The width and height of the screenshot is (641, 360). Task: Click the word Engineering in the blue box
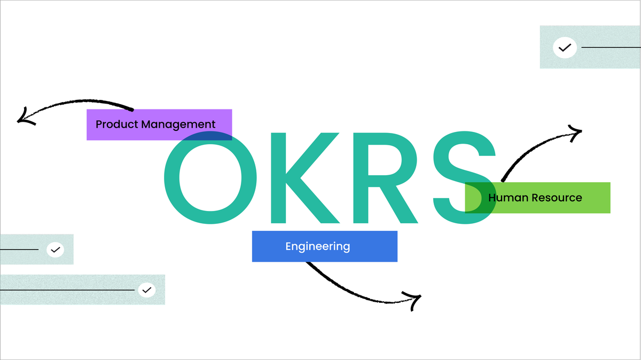coord(318,246)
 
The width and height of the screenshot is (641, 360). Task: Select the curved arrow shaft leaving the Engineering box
coord(347,283)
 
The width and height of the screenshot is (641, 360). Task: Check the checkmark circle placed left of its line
coord(565,48)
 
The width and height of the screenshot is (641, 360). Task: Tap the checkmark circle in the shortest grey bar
coord(55,249)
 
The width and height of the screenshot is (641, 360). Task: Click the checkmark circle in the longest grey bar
coord(146,290)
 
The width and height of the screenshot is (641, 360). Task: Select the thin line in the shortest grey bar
coord(19,249)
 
